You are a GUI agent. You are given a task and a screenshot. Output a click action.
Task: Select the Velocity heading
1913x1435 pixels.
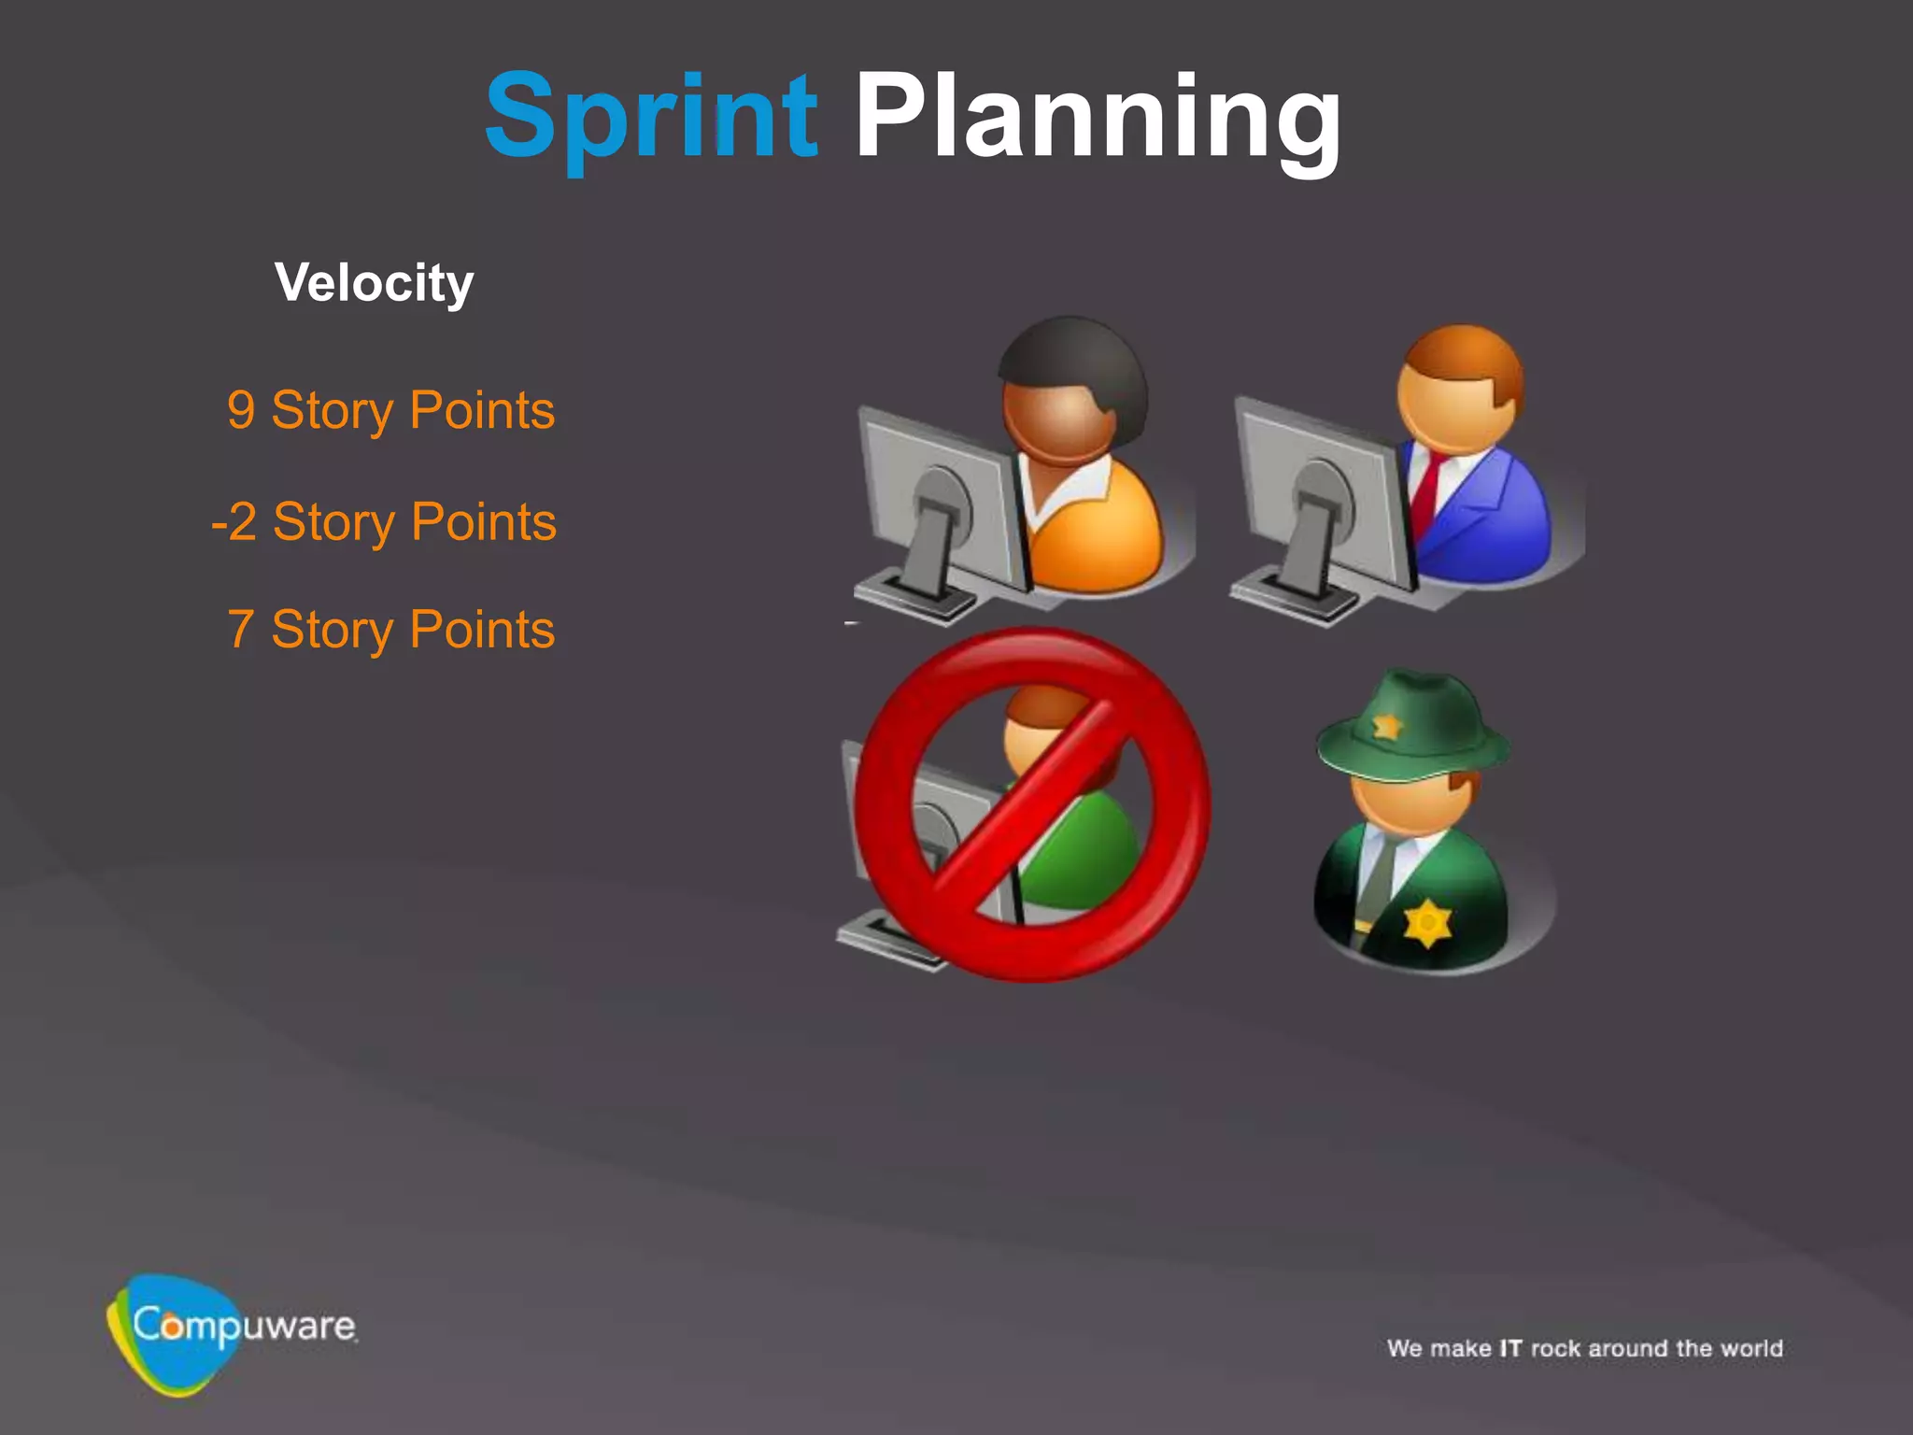374,282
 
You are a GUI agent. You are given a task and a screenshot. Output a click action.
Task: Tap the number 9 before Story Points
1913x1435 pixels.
241,411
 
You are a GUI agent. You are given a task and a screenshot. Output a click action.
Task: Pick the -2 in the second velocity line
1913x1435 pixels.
234,522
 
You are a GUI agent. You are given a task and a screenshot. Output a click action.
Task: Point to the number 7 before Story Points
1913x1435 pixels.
241,630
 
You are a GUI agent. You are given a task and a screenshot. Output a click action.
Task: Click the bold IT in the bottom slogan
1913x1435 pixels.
1510,1348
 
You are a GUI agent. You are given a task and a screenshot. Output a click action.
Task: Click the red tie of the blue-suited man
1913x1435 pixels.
1427,490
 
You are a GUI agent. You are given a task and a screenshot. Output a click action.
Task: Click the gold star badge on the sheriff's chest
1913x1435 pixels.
1427,923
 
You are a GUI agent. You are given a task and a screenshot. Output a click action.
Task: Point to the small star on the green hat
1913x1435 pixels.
1386,725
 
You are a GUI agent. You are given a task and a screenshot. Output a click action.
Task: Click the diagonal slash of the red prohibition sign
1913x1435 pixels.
1032,803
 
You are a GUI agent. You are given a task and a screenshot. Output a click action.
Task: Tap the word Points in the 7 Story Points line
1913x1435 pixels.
482,630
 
